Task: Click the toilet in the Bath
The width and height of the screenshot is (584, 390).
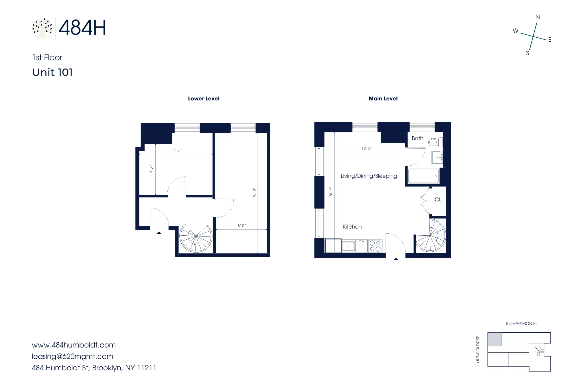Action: [434, 142]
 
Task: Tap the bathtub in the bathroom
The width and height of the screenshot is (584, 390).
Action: [423, 176]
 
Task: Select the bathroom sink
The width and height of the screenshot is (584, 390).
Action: [437, 157]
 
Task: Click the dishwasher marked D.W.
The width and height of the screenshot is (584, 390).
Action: [361, 246]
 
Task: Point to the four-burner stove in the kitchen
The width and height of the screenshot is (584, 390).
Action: [375, 246]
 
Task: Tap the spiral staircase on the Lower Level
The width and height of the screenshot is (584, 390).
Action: [196, 237]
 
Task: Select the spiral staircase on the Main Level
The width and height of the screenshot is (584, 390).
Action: [431, 236]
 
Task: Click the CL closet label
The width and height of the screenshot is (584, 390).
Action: [438, 200]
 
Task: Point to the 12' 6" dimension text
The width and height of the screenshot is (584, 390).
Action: [366, 148]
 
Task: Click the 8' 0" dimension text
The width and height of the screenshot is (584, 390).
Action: [242, 226]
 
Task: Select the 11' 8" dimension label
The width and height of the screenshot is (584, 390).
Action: [176, 150]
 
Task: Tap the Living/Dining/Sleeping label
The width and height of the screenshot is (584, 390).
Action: [369, 176]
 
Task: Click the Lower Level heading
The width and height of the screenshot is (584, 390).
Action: [204, 99]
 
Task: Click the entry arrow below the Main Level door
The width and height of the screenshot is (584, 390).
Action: [396, 259]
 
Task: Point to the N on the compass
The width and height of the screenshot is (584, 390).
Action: [538, 17]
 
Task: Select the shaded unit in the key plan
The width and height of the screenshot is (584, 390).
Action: [494, 339]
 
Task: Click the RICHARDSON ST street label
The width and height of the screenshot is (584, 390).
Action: [521, 324]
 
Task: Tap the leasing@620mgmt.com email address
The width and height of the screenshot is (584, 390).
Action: [72, 356]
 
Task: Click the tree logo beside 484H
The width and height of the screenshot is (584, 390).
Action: [42, 28]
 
